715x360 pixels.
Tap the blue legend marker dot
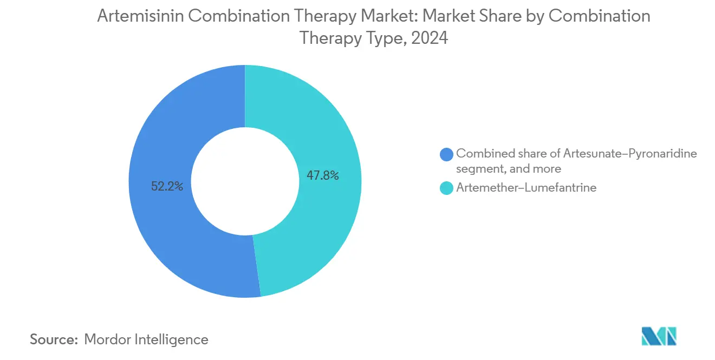tap(446, 154)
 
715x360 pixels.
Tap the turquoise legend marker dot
tap(446, 188)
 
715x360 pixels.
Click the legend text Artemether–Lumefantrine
tap(526, 188)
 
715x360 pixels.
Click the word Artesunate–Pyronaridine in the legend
tap(630, 154)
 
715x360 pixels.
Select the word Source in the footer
tap(53, 339)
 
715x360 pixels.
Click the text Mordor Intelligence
tap(146, 339)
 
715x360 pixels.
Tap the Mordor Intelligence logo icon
tap(658, 336)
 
